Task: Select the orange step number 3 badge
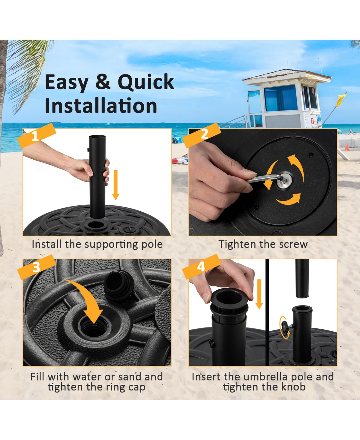click(x=36, y=267)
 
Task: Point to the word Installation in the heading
click(x=101, y=106)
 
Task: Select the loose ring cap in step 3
click(x=118, y=285)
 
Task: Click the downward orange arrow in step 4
click(x=259, y=294)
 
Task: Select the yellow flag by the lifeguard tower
click(x=341, y=100)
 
